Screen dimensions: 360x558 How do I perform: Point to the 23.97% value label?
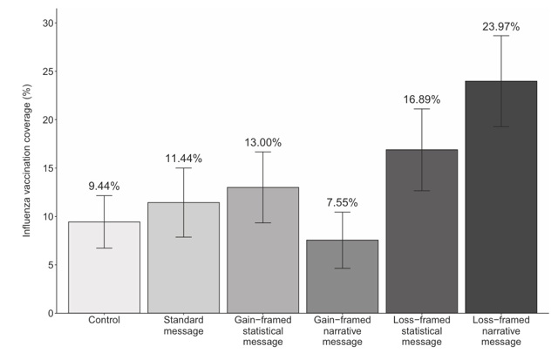(501, 27)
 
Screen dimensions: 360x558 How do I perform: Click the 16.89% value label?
(422, 99)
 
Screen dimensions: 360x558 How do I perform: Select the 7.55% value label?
(343, 203)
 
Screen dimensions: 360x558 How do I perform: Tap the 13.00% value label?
(263, 142)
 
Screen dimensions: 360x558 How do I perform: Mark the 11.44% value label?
(184, 158)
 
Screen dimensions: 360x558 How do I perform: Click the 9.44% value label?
(105, 186)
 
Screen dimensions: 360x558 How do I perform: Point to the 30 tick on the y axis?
(47, 23)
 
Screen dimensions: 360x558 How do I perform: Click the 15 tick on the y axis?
(47, 168)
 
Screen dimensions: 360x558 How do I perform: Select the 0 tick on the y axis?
(50, 313)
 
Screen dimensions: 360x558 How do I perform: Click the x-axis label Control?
(105, 321)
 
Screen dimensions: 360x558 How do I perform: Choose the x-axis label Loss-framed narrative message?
(501, 332)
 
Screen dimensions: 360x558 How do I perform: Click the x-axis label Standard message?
(184, 326)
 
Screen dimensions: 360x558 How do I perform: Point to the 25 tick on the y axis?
(47, 71)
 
